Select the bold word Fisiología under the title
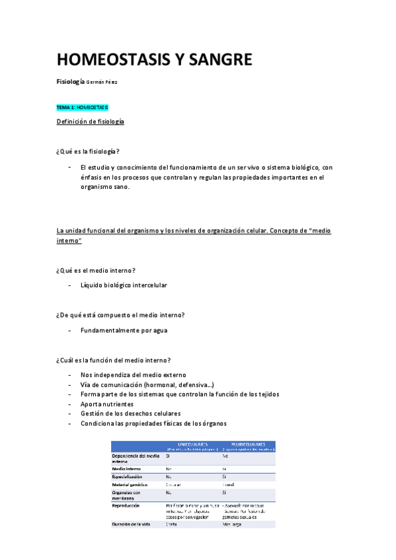[x=71, y=81]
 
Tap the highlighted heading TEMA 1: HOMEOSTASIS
[x=83, y=106]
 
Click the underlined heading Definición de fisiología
[x=91, y=122]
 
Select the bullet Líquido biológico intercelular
[x=124, y=285]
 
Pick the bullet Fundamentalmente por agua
[x=124, y=330]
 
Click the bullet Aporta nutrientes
[x=107, y=403]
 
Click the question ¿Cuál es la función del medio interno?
[x=114, y=359]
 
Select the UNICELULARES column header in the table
[x=194, y=444]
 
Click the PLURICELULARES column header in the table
[x=248, y=444]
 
